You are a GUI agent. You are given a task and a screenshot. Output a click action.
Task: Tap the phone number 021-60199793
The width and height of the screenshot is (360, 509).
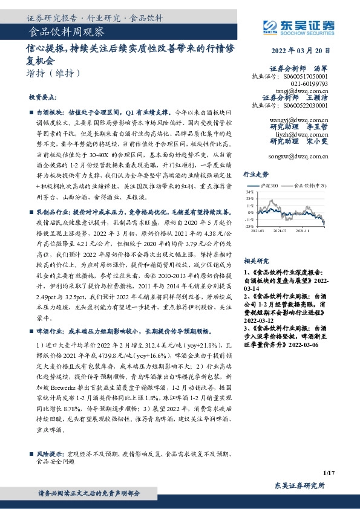coord(309,83)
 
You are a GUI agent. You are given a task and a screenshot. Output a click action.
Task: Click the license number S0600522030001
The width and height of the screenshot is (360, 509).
coord(305,105)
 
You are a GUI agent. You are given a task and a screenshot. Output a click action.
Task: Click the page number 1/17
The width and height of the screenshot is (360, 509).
coord(329,472)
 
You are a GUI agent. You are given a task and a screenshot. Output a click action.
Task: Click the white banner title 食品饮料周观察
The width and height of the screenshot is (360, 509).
coord(67,31)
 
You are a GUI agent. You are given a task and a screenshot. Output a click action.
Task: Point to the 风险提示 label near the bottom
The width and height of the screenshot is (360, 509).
coord(51,453)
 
